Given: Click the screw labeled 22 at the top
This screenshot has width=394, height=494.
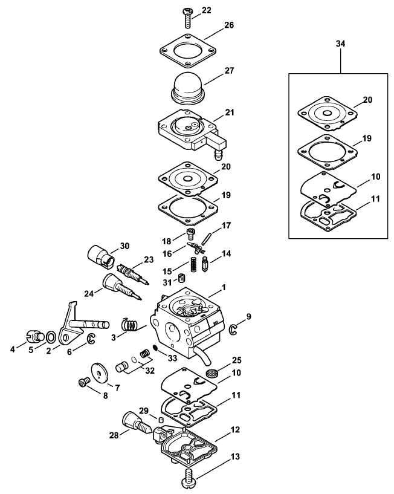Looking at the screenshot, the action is tap(188, 18).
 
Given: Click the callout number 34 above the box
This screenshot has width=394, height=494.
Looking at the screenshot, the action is tap(340, 44).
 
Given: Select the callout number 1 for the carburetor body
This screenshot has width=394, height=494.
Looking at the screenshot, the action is tap(224, 287).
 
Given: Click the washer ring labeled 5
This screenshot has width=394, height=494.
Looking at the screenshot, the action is tap(50, 337).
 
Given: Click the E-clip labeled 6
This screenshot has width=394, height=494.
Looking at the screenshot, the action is tap(91, 339).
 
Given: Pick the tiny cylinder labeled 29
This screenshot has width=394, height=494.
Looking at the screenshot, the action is tap(161, 420).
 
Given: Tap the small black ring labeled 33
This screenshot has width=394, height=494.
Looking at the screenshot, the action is tap(155, 348).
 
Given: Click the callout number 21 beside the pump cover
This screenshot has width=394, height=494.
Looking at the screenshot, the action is tap(230, 112).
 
